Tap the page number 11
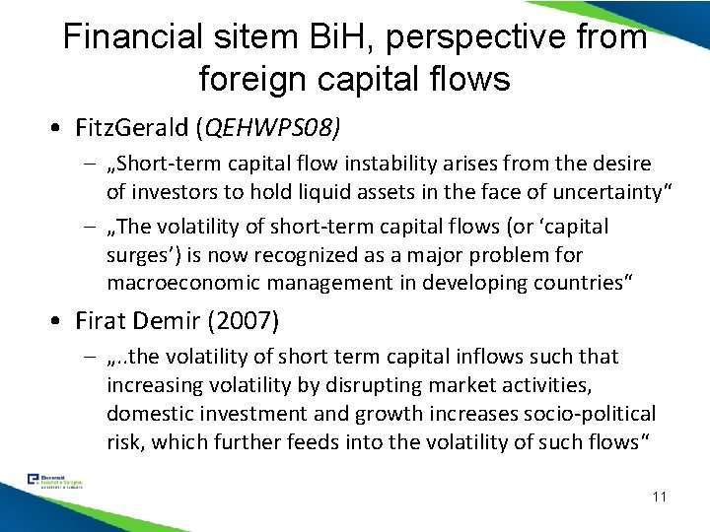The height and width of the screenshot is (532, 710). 658,496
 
